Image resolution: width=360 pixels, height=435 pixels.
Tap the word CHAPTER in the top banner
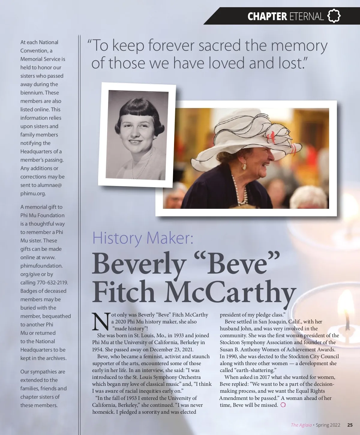[x=267, y=16]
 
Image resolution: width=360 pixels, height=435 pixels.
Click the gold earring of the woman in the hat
[x=244, y=166]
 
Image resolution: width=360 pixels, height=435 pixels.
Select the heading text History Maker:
[x=142, y=238]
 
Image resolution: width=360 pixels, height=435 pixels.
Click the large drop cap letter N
[x=101, y=322]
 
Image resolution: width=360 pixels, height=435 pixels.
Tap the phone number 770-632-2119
[x=52, y=283]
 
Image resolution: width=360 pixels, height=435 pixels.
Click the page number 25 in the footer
[x=350, y=425]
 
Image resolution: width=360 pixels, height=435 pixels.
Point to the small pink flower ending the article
[x=283, y=405]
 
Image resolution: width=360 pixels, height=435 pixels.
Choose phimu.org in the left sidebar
[x=33, y=193]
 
